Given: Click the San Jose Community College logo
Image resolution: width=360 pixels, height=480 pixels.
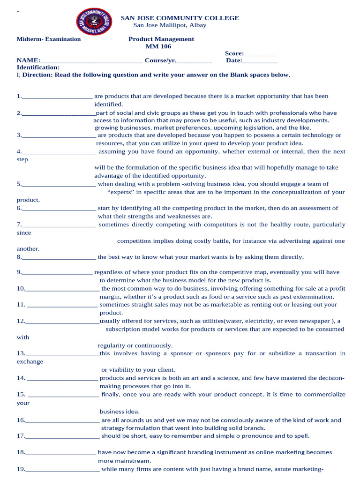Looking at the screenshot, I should (94, 22).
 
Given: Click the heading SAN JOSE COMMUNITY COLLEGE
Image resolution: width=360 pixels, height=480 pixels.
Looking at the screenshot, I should (180, 18).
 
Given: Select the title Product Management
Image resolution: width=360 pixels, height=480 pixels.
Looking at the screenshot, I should (161, 39).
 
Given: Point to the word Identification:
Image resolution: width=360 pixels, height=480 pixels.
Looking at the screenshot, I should (38, 67).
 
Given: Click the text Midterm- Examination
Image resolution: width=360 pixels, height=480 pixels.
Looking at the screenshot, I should (49, 39).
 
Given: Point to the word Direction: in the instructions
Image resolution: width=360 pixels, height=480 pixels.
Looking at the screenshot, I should (37, 75).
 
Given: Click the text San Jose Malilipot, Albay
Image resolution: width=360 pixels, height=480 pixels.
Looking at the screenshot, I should (170, 25).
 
